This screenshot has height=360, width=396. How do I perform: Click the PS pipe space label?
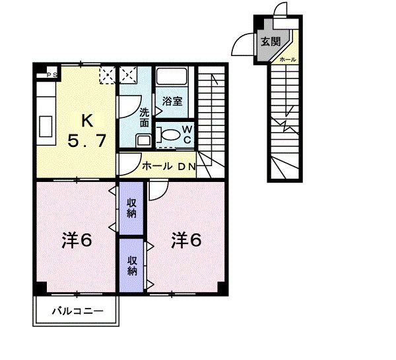pyautogui.click(x=52, y=75)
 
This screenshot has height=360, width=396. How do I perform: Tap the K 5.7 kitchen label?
pyautogui.click(x=86, y=131)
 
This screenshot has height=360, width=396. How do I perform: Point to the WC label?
pyautogui.click(x=187, y=135)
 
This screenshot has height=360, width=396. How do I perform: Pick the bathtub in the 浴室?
pyautogui.click(x=172, y=76)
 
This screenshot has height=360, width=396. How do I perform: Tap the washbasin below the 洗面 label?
pyautogui.click(x=144, y=140)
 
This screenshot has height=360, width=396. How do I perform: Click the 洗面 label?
pyautogui.click(x=144, y=117)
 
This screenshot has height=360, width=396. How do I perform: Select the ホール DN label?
pyautogui.click(x=169, y=166)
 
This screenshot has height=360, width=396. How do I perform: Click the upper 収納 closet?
pyautogui.click(x=131, y=208)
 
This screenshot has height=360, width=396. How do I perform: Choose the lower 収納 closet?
pyautogui.click(x=131, y=266)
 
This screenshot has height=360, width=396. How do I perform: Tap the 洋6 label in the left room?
pyautogui.click(x=77, y=240)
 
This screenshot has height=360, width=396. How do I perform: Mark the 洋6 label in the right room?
pyautogui.click(x=186, y=239)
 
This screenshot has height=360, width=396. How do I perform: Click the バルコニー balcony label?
pyautogui.click(x=77, y=311)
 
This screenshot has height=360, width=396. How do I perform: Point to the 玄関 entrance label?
pyautogui.click(x=271, y=42)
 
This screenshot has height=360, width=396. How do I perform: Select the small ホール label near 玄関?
pyautogui.click(x=288, y=59)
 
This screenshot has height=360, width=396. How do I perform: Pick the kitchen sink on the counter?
pyautogui.click(x=46, y=127)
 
